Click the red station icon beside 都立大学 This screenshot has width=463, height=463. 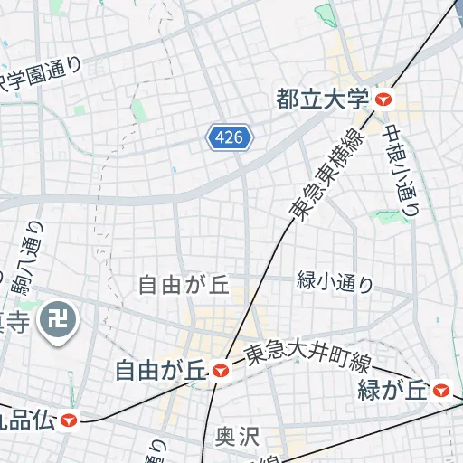[x=385, y=99]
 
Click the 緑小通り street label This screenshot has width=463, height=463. [x=335, y=281]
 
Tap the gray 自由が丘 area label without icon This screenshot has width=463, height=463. [x=184, y=286]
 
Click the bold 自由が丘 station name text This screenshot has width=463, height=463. [x=161, y=369]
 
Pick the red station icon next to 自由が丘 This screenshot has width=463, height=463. [x=221, y=369]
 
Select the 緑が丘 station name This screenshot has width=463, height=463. [x=392, y=391]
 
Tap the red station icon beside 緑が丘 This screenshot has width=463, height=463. [x=441, y=391]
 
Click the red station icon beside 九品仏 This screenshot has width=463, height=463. [x=68, y=420]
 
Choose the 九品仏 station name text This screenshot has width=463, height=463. [x=25, y=420]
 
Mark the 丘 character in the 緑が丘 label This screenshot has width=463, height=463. [x=415, y=391]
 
